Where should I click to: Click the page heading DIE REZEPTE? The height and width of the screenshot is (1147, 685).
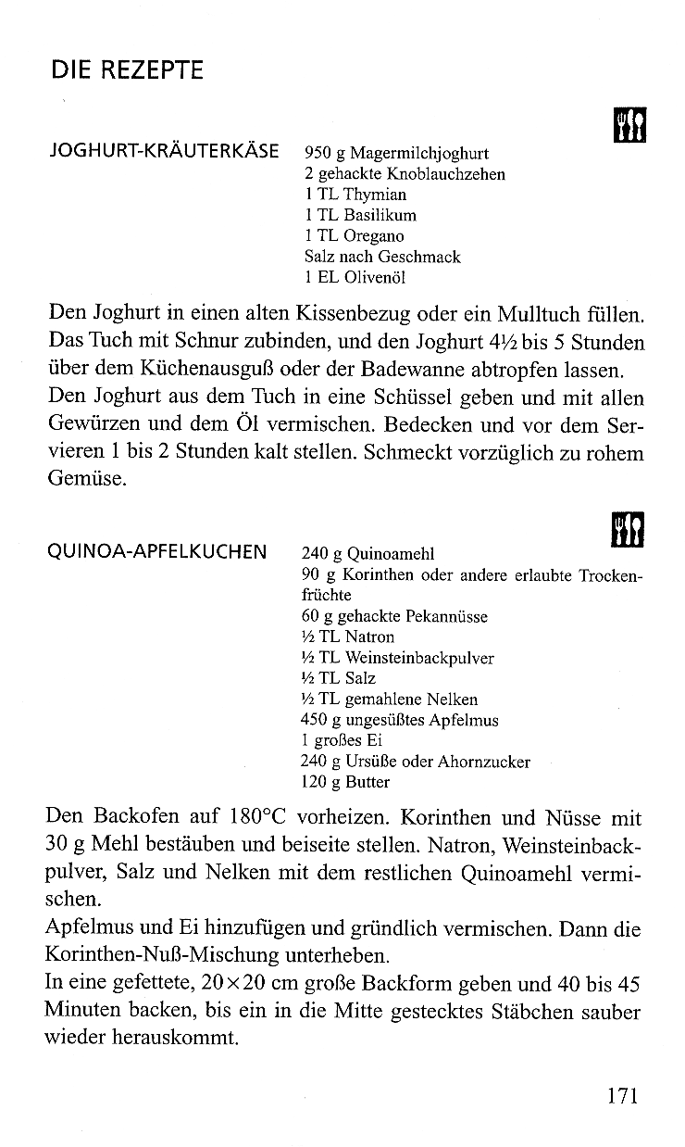(x=127, y=70)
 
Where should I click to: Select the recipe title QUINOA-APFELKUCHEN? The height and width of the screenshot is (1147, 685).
(x=156, y=553)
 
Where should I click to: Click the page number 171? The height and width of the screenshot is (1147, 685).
(x=623, y=1096)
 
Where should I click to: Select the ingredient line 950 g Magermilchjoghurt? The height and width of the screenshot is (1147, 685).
(x=396, y=154)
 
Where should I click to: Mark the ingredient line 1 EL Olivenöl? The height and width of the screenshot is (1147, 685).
(x=355, y=276)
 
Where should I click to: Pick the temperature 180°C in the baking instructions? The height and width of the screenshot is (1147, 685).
(x=261, y=818)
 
